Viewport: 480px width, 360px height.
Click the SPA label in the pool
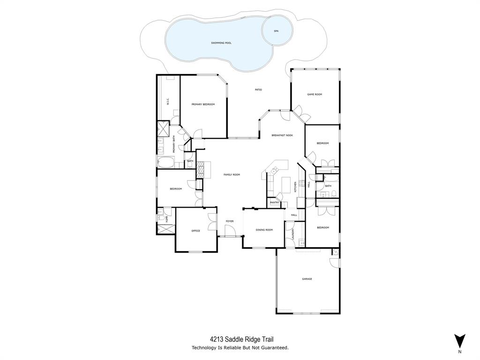point(276,31)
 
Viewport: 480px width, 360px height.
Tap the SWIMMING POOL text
point(221,43)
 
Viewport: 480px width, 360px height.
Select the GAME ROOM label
point(315,94)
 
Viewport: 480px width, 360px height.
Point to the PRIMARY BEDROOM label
point(203,104)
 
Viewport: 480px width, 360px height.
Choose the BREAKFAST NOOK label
point(282,135)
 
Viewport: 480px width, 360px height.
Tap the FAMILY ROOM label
point(232,174)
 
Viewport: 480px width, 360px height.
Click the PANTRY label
point(275,202)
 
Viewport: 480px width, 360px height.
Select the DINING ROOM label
point(264,230)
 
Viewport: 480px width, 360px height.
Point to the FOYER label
point(230,221)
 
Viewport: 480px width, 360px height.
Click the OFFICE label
point(195,231)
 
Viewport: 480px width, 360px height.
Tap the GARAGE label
point(307,279)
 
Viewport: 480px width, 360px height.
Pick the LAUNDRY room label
point(293,233)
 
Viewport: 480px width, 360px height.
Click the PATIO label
point(258,90)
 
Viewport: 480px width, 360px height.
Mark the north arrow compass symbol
point(460,341)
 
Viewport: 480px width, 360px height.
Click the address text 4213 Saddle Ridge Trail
point(242,339)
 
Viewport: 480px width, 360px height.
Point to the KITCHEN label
point(295,186)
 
